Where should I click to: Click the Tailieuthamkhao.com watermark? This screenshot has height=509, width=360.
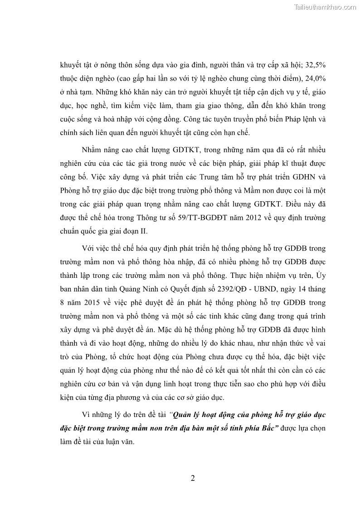coord(325,7)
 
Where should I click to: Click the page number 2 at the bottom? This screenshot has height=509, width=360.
coord(193,479)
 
